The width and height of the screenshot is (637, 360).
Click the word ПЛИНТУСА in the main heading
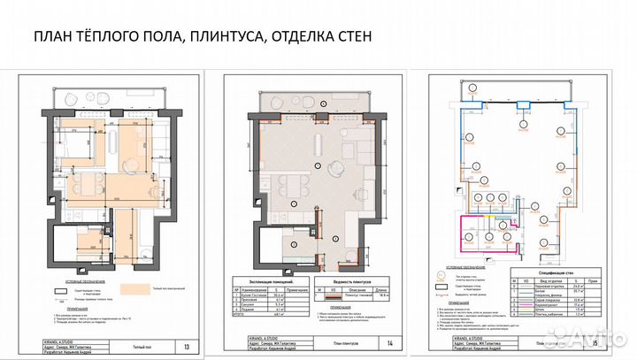(210, 37)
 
